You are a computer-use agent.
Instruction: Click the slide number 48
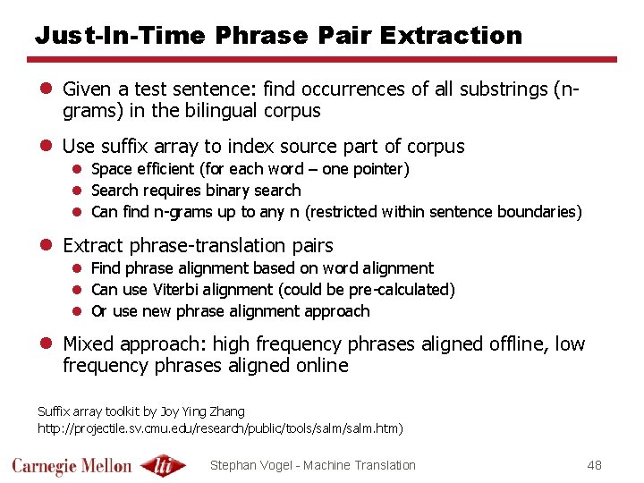coord(595,465)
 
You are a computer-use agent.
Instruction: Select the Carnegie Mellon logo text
coord(72,466)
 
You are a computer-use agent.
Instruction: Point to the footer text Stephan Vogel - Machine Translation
coord(312,465)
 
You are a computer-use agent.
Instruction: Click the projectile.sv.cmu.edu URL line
coord(220,428)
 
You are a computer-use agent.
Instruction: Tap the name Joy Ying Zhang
coord(202,411)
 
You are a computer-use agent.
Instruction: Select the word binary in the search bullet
coord(227,191)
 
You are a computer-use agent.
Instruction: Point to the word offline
coord(521,344)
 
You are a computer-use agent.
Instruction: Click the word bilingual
coord(221,111)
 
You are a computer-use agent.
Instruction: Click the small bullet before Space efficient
coord(79,169)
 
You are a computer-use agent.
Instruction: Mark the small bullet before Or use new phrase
coord(79,311)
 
